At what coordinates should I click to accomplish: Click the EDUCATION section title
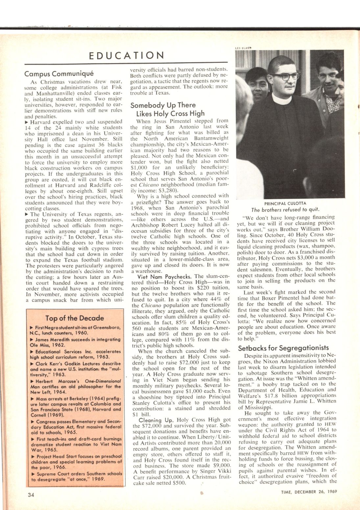[x=127, y=55]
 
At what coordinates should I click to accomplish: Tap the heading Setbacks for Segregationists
[x=283, y=348]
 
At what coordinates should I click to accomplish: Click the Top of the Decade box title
[x=75, y=318]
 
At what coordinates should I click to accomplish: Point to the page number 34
[x=31, y=495]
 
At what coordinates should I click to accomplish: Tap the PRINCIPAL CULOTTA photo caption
[x=285, y=203]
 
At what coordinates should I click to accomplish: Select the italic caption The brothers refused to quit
[x=285, y=210]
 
